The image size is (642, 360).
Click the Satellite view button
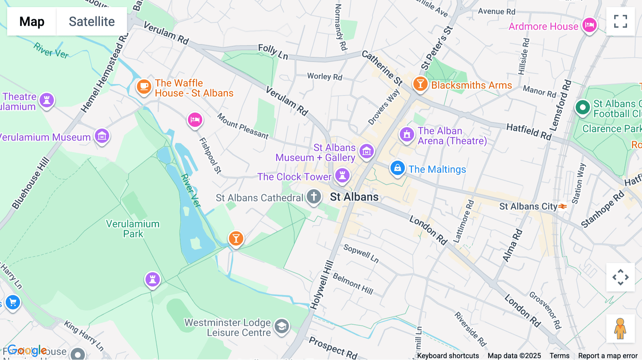[x=92, y=21]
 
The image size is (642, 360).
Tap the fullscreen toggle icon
[x=620, y=21]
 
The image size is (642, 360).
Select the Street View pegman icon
[x=620, y=329]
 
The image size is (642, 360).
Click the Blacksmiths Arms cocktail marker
[x=421, y=84]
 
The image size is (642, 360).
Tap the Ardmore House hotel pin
[x=589, y=25]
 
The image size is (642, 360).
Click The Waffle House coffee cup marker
[x=144, y=87]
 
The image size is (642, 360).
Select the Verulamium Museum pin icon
[x=102, y=136]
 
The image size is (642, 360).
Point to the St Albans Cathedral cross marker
[x=314, y=196]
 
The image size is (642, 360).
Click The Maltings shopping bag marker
[x=397, y=168]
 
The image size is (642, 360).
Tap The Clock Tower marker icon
[x=342, y=175]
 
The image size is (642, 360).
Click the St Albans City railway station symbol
[x=562, y=206]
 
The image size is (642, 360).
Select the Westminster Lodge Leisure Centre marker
[x=282, y=326]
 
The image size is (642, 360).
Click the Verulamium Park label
[x=133, y=229]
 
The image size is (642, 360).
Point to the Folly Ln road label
[x=273, y=52]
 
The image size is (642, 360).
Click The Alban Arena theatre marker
[x=406, y=135]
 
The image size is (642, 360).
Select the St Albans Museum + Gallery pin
[x=366, y=151]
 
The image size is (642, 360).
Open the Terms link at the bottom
[x=559, y=356]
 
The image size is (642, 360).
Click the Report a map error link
[x=608, y=356]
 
